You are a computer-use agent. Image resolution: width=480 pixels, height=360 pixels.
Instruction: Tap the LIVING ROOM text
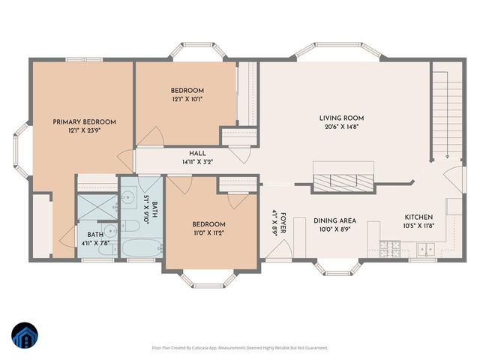(x=341, y=118)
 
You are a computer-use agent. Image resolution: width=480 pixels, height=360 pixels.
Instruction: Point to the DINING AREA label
(x=334, y=221)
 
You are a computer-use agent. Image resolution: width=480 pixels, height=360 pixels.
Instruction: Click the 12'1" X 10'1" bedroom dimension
(x=186, y=98)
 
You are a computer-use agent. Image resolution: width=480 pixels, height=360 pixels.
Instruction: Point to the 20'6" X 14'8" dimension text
(x=341, y=127)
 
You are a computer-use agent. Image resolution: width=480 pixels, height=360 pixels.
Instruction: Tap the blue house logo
(x=24, y=337)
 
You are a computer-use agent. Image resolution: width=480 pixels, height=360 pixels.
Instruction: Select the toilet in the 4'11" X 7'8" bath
(x=109, y=231)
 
